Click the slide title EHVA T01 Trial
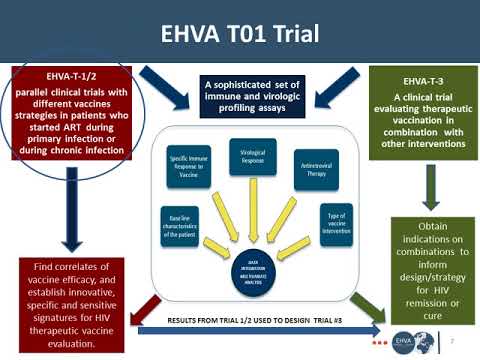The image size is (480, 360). click(240, 34)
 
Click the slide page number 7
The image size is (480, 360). click(466, 340)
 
